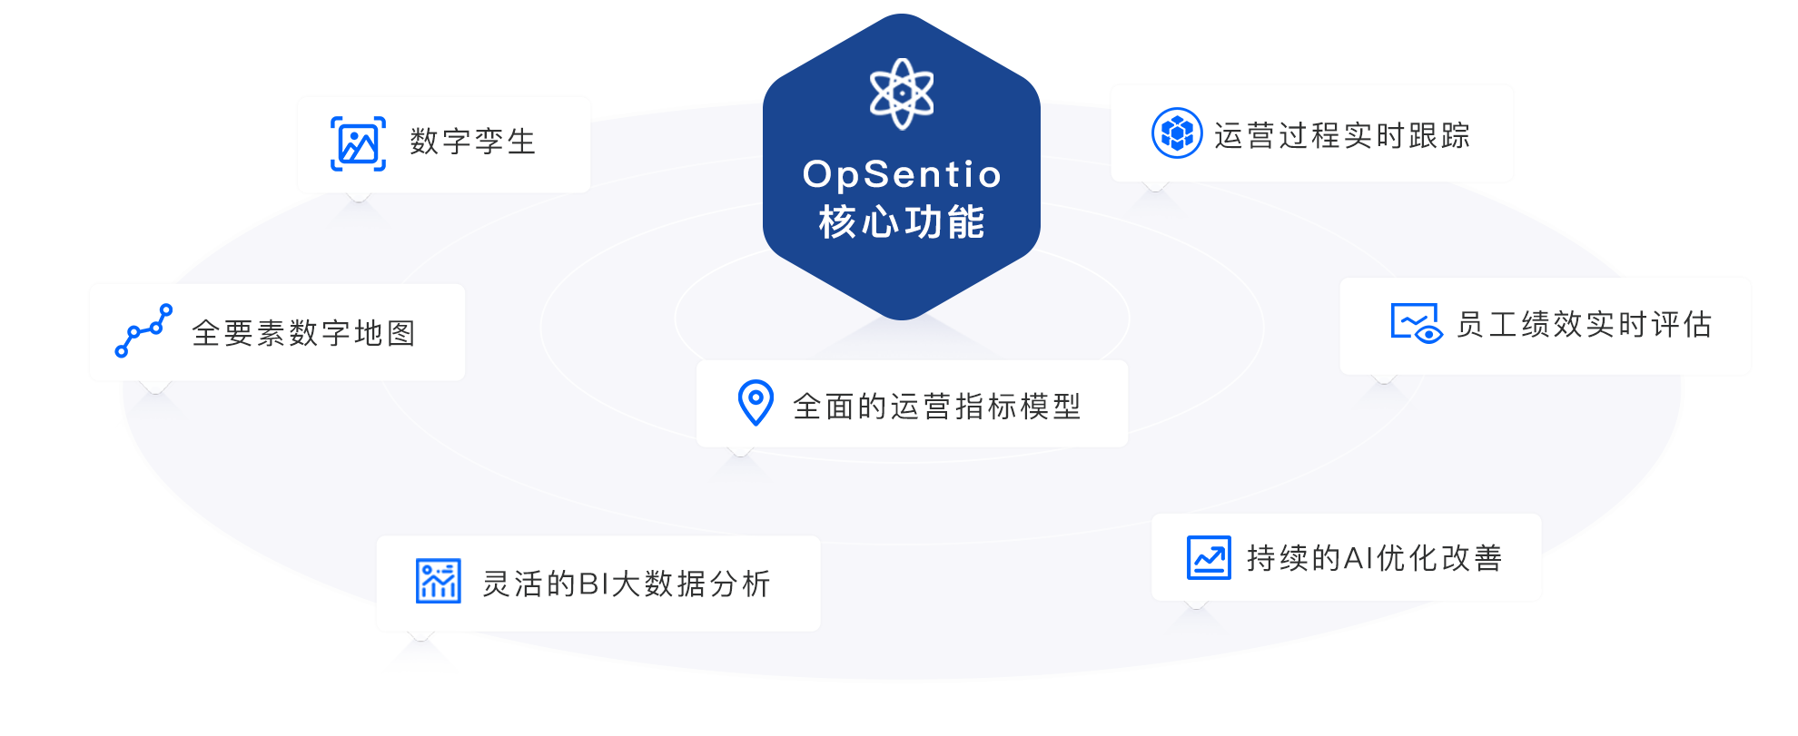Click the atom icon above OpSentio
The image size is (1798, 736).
click(901, 93)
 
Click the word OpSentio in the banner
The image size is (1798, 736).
click(902, 174)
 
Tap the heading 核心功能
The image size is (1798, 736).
click(902, 222)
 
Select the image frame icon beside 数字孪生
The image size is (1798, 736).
click(358, 143)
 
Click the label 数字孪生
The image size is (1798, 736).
click(473, 142)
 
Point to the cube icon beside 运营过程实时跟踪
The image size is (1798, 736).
click(1177, 133)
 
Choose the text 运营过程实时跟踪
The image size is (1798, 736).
click(1342, 136)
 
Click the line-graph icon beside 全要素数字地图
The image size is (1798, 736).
click(143, 331)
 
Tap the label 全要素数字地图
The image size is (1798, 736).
click(304, 333)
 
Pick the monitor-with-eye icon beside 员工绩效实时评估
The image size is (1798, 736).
click(1416, 323)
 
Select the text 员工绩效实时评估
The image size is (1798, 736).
click(1585, 324)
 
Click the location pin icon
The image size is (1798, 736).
click(756, 403)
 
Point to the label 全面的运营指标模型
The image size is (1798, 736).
click(937, 407)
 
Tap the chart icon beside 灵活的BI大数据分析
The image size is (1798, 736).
click(438, 581)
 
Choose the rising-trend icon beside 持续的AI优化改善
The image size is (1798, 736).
click(1209, 557)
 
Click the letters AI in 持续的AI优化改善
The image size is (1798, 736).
click(1358, 558)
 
